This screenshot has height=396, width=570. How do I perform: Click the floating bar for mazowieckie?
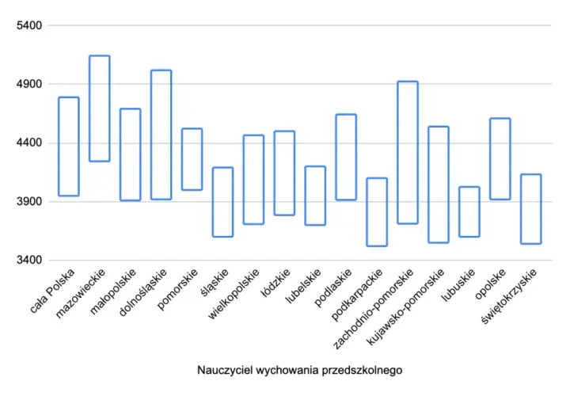pyautogui.click(x=89, y=109)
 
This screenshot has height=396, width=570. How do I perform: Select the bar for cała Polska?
pyautogui.click(x=59, y=147)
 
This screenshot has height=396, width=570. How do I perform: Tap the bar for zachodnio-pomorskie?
pyautogui.click(x=398, y=152)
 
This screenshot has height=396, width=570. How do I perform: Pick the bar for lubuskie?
pyautogui.click(x=460, y=211)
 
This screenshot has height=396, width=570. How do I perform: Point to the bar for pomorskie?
pyautogui.click(x=182, y=159)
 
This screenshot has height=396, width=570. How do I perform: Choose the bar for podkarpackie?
pyautogui.click(x=367, y=212)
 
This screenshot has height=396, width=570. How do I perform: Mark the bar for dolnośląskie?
pyautogui.click(x=151, y=135)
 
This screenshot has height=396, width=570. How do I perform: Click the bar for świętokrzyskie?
pyautogui.click(x=521, y=209)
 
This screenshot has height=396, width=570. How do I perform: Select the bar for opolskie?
pyautogui.click(x=490, y=159)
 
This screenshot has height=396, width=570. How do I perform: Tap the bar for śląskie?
pyautogui.click(x=213, y=202)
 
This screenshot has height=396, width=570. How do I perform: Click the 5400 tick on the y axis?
pyautogui.click(x=29, y=25)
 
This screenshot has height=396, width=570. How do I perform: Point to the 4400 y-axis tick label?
pyautogui.click(x=29, y=143)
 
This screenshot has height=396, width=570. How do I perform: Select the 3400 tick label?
pyautogui.click(x=29, y=261)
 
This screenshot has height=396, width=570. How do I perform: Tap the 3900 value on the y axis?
pyautogui.click(x=29, y=201)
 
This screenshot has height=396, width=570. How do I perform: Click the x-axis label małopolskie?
pyautogui.click(x=113, y=291)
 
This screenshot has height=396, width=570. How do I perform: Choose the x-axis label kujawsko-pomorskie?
pyautogui.click(x=405, y=307)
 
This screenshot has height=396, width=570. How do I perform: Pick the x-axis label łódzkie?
pyautogui.click(x=278, y=283)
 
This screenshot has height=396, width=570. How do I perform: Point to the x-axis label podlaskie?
pyautogui.click(x=333, y=287)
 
